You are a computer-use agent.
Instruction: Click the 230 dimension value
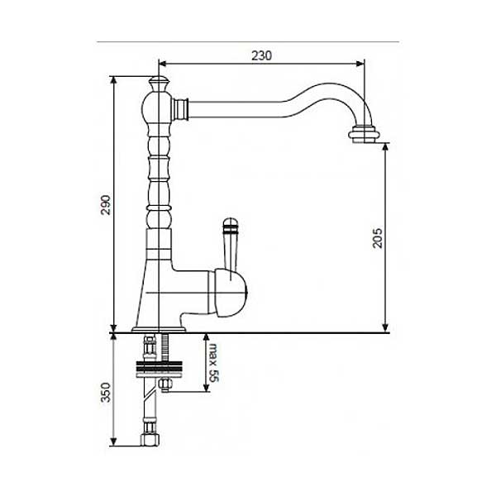261,55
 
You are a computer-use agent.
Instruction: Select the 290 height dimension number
106,205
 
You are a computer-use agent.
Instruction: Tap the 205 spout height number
377,237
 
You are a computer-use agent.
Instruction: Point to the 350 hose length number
106,393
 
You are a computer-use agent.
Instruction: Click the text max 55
214,363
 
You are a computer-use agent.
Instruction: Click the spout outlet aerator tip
364,135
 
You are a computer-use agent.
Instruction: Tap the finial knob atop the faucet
159,83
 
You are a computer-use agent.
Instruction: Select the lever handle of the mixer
231,246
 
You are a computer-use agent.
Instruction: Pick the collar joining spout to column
181,109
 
